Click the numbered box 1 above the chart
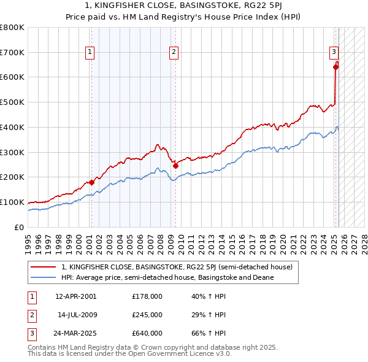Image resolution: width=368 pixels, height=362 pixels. (90, 52)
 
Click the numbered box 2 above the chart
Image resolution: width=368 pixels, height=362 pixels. (174, 52)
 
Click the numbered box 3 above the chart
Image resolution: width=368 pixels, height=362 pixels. (334, 52)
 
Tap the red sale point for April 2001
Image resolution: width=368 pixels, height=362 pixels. (91, 182)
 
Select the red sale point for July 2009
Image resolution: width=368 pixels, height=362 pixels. (175, 165)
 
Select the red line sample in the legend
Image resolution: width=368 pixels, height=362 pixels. (44, 267)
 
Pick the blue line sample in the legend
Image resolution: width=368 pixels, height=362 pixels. (44, 277)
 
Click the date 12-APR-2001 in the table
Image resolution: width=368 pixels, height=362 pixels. (75, 296)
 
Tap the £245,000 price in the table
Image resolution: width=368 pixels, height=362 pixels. (147, 315)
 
